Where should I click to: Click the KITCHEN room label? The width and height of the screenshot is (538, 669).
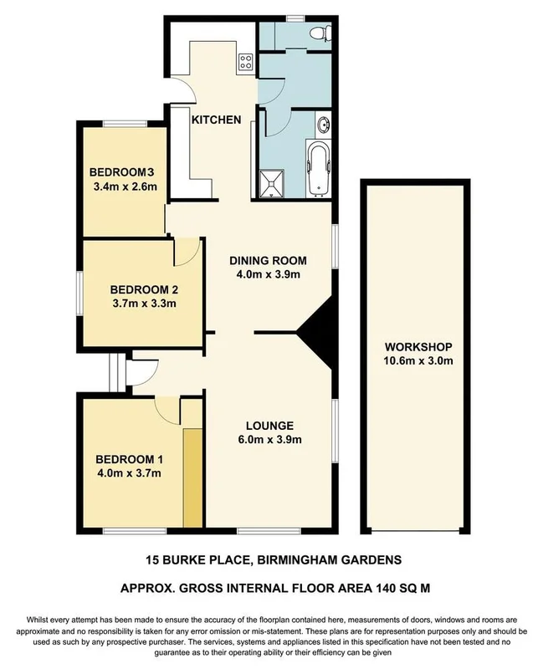[x=217, y=120]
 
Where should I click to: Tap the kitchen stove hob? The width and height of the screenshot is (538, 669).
[x=246, y=61]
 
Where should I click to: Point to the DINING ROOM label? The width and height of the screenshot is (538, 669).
[x=264, y=259]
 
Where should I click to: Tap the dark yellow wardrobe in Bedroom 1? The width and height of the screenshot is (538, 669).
[x=193, y=477]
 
